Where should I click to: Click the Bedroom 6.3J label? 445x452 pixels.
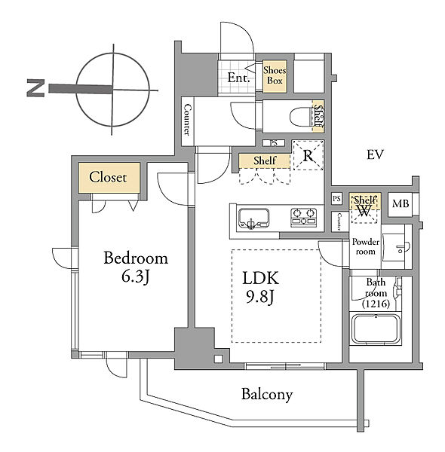tap(136, 267)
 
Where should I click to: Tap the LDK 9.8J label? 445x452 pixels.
tap(260, 287)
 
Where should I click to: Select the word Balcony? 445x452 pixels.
tap(267, 394)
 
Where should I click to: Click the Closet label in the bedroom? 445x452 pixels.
tap(108, 177)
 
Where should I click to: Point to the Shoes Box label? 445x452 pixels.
tap(275, 75)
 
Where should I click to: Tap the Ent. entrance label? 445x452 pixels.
tap(238, 78)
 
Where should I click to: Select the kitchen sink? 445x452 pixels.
tap(253, 218)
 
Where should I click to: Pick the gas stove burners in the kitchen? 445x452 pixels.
tap(304, 216)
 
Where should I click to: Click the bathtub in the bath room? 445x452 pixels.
tap(376, 328)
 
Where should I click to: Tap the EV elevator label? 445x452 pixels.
tap(375, 154)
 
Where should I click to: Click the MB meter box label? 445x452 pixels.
tap(400, 204)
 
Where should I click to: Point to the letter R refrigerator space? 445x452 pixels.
tap(308, 156)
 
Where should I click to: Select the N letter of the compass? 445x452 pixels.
tap(35, 88)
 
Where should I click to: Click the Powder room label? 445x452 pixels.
tap(365, 246)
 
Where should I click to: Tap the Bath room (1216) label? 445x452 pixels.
tap(376, 292)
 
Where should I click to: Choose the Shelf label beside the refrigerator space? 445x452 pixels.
tap(265, 160)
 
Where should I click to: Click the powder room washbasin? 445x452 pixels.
tap(396, 247)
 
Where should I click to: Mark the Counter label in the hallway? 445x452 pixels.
tap(187, 120)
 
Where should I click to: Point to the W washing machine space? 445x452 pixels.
tap(364, 211)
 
